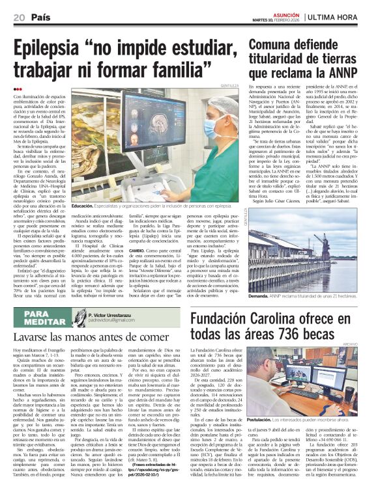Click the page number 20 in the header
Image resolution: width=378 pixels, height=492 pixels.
click(18, 17)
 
